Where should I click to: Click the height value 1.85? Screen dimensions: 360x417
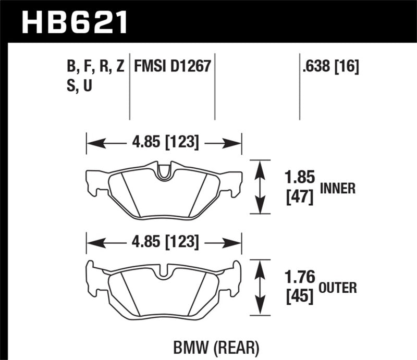301,178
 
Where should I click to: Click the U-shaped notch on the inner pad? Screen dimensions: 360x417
165,172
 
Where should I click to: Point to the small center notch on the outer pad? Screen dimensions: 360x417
165,271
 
